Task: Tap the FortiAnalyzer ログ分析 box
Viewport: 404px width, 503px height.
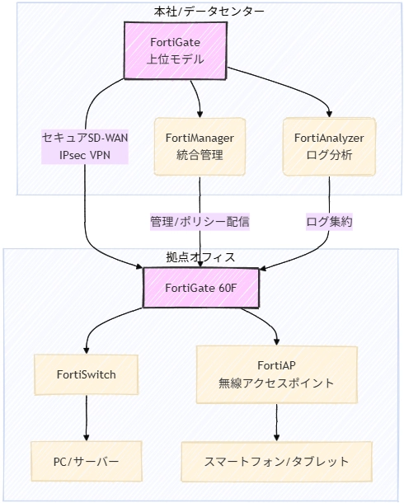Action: [330, 146]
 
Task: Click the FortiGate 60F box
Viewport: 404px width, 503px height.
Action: [202, 287]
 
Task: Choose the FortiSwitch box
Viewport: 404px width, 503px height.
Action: [86, 374]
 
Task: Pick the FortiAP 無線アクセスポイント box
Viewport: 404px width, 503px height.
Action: [276, 374]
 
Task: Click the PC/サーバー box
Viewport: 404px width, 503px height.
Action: [86, 462]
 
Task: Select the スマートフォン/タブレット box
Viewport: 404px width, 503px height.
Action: [276, 462]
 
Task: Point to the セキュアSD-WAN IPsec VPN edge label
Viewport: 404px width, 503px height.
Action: [85, 146]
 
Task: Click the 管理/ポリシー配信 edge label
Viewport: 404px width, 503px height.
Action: [200, 223]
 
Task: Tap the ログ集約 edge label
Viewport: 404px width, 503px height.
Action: [330, 223]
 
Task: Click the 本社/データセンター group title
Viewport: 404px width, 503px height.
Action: [203, 11]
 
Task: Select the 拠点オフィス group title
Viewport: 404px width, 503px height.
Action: [201, 257]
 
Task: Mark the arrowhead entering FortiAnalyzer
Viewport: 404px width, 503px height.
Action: [330, 114]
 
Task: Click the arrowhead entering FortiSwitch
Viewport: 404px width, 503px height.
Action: [86, 350]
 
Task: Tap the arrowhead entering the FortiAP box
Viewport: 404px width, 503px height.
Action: [276, 341]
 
